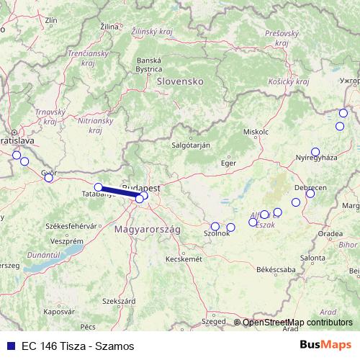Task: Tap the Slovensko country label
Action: click(x=180, y=82)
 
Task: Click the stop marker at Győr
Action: click(x=49, y=178)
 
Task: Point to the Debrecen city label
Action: click(x=310, y=186)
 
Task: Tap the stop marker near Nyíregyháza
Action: click(x=315, y=152)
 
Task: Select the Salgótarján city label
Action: click(x=190, y=145)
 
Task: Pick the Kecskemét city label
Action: click(x=183, y=258)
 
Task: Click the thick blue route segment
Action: click(x=118, y=192)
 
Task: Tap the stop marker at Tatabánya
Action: click(x=99, y=187)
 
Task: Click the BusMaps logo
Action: click(x=325, y=345)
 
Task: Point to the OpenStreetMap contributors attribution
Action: click(x=297, y=322)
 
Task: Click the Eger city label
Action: click(x=228, y=163)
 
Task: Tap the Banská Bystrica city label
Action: click(x=149, y=64)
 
